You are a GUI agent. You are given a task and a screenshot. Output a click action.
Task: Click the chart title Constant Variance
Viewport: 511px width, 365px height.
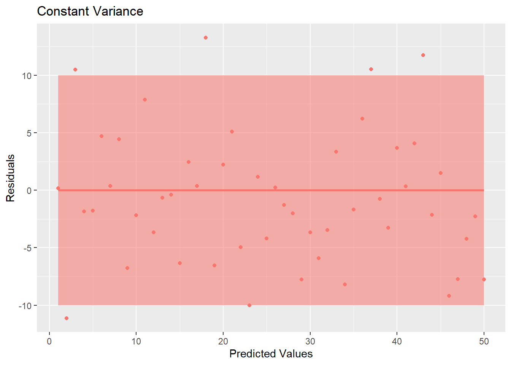click(x=90, y=11)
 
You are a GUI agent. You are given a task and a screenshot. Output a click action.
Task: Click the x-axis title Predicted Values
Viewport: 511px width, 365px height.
click(x=271, y=354)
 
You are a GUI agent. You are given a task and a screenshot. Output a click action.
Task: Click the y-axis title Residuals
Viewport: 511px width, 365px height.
click(x=10, y=178)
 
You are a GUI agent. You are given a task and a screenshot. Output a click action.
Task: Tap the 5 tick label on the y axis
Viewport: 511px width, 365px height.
click(x=29, y=133)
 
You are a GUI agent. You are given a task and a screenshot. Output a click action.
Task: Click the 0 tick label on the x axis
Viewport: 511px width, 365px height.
click(x=49, y=341)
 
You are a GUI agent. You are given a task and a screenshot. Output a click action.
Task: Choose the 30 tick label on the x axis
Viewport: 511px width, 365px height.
click(x=310, y=341)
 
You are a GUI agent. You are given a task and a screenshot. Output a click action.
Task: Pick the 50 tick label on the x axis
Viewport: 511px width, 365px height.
click(x=484, y=341)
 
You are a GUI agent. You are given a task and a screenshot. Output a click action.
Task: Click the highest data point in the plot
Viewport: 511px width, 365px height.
click(x=206, y=38)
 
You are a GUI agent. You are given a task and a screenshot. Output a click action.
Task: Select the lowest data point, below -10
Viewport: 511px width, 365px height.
click(x=67, y=318)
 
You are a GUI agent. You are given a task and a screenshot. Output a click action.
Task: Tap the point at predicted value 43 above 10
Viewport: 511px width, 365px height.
click(x=423, y=55)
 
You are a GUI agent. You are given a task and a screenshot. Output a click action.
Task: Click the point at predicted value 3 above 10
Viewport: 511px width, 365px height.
click(x=75, y=70)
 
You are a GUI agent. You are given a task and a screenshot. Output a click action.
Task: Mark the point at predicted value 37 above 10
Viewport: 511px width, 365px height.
click(x=371, y=69)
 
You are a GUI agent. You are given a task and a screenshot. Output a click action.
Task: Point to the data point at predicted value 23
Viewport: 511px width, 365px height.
click(x=249, y=305)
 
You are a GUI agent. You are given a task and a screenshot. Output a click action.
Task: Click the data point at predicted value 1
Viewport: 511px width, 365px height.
click(x=58, y=188)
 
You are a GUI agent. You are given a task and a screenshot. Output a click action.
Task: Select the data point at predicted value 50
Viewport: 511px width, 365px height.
click(x=484, y=279)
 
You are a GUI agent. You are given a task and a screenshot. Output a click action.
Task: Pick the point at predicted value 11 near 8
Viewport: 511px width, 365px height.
click(x=145, y=100)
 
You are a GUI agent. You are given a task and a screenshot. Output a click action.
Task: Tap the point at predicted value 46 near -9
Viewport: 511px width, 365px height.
click(x=449, y=296)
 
